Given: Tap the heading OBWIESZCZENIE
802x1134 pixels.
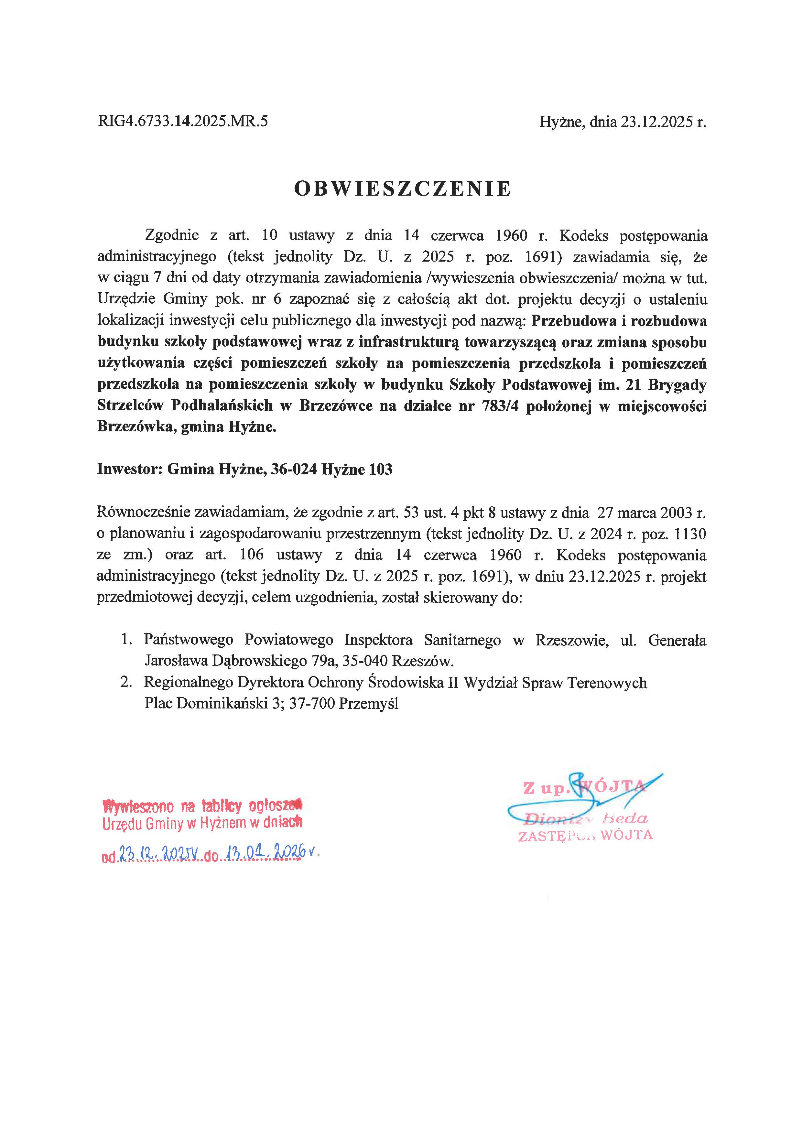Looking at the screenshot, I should coord(403,189).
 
